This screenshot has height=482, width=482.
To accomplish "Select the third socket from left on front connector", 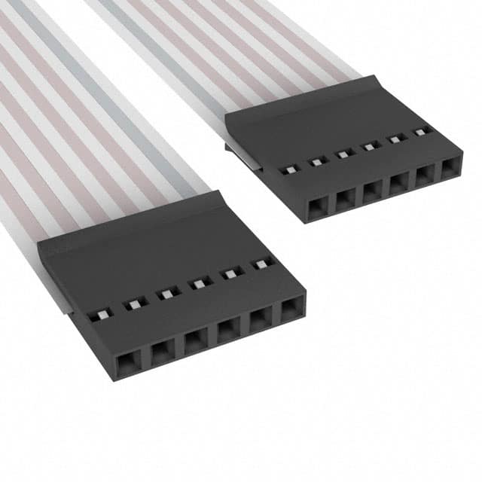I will pyautogui.click(x=196, y=340).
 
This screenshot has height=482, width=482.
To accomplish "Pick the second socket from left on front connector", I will pyautogui.click(x=163, y=349).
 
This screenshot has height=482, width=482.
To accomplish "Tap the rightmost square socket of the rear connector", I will pyautogui.click(x=450, y=166).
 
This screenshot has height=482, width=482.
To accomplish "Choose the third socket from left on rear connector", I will pyautogui.click(x=372, y=190).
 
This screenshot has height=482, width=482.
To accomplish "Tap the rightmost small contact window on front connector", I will pyautogui.click(x=263, y=264).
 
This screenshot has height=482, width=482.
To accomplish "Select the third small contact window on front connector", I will pyautogui.click(x=167, y=294).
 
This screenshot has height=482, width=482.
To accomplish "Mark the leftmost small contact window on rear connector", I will pyautogui.click(x=285, y=170).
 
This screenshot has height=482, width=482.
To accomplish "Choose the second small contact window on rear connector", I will pyautogui.click(x=314, y=162).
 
